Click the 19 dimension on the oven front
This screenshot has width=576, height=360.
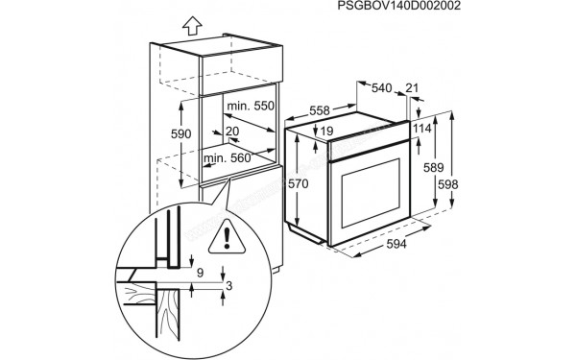[x=327, y=132]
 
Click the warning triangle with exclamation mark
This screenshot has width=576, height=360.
[x=225, y=233]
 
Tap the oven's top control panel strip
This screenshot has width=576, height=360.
[x=365, y=144]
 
